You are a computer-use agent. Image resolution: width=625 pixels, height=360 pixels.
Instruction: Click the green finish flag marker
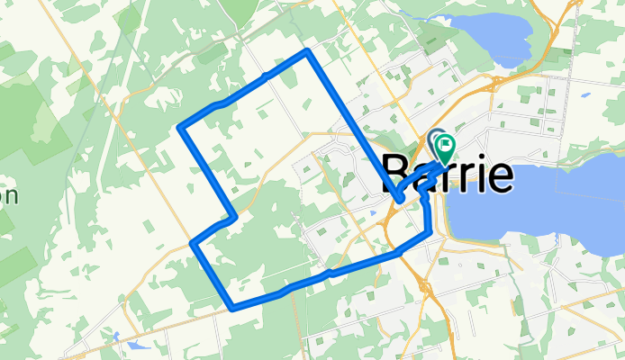click(x=445, y=145)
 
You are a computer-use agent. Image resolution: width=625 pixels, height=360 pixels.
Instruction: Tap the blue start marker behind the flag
click(x=437, y=139)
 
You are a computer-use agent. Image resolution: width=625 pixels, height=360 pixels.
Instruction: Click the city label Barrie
click(x=448, y=172)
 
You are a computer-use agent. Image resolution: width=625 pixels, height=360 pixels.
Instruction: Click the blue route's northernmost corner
click(x=307, y=51)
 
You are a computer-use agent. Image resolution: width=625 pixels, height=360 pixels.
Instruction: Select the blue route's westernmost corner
click(x=181, y=129)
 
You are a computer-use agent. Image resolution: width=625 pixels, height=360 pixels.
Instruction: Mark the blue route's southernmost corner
click(x=233, y=307)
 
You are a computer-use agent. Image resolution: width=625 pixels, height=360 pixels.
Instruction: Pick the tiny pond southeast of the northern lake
click(x=585, y=94)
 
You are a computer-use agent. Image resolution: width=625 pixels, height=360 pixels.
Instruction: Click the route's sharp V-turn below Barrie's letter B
click(x=397, y=198)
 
